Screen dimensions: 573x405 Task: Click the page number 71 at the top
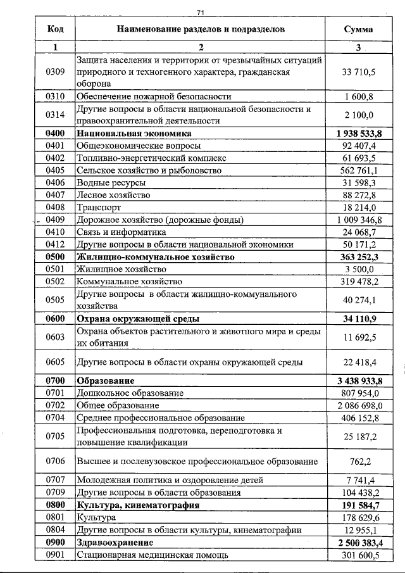point(201,12)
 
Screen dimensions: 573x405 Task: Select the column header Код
point(55,29)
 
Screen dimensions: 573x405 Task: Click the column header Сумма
point(358,29)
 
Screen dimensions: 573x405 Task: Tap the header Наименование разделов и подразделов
point(200,29)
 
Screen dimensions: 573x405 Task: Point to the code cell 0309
point(55,72)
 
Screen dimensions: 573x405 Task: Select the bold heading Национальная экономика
point(134,134)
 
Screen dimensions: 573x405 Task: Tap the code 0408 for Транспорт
point(55,208)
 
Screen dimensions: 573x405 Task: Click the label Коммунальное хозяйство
point(130,282)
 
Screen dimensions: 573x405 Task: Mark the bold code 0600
point(55,318)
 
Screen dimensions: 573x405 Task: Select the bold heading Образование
point(106,381)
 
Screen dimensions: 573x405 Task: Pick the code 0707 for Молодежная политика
point(55,481)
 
